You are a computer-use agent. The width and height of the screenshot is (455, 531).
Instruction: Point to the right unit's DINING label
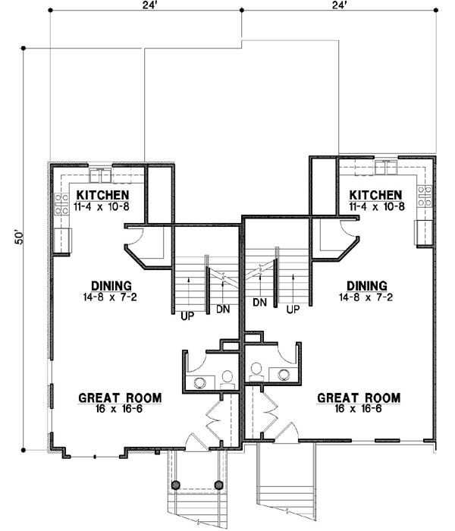pos(365,285)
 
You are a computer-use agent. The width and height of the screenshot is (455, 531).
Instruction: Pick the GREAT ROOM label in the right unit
pos(358,397)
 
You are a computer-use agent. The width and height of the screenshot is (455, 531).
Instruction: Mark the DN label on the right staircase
pos(259,303)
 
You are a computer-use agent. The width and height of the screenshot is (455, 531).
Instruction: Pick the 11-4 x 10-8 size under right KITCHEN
pos(376,206)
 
